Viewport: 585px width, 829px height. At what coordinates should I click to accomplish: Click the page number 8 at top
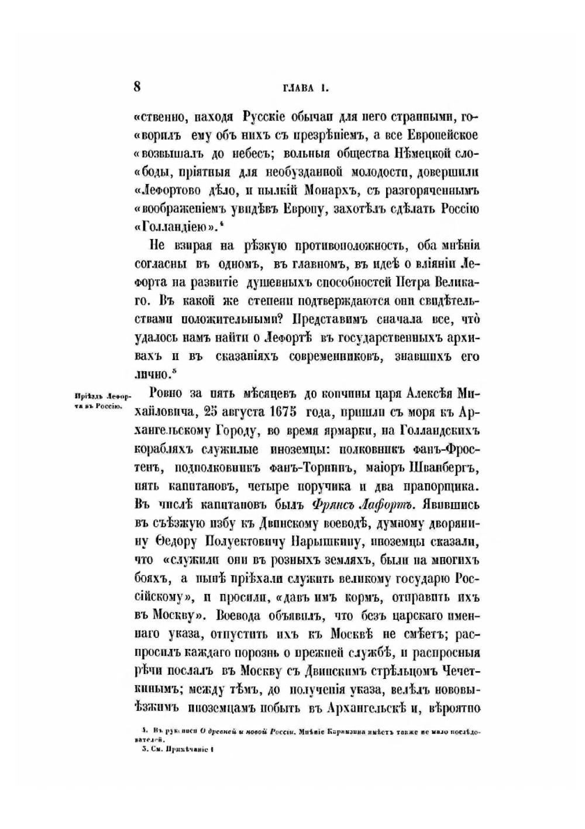point(137,87)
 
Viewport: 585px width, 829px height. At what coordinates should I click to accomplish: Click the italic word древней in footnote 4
point(222,731)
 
